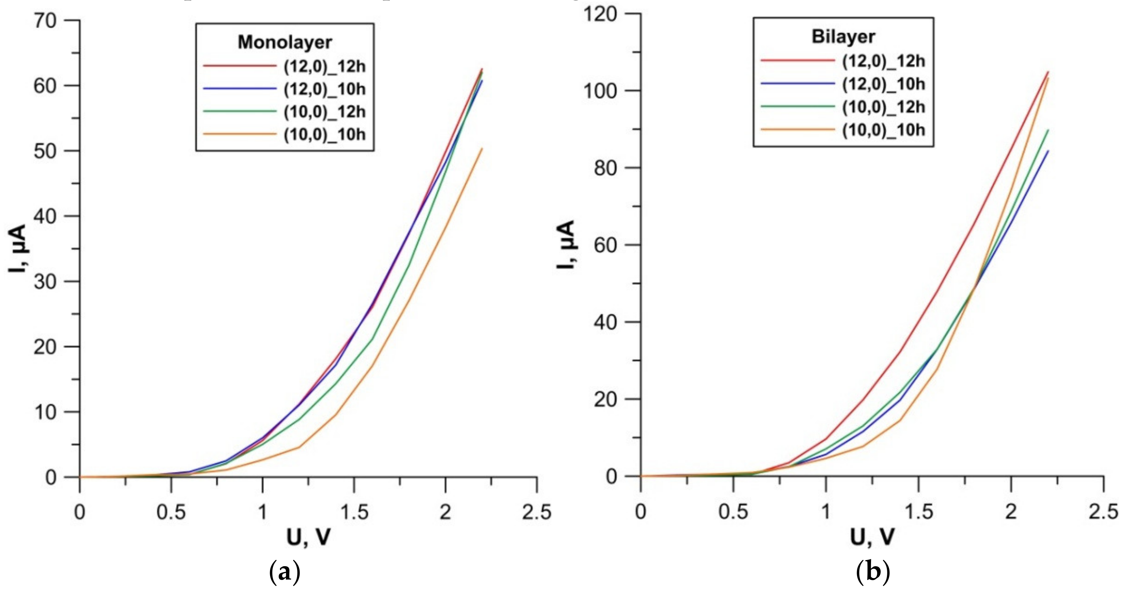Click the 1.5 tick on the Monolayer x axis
(x=353, y=512)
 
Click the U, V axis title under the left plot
(x=308, y=538)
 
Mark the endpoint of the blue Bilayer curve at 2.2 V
(x=1048, y=151)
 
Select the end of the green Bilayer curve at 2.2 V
(x=1048, y=130)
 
